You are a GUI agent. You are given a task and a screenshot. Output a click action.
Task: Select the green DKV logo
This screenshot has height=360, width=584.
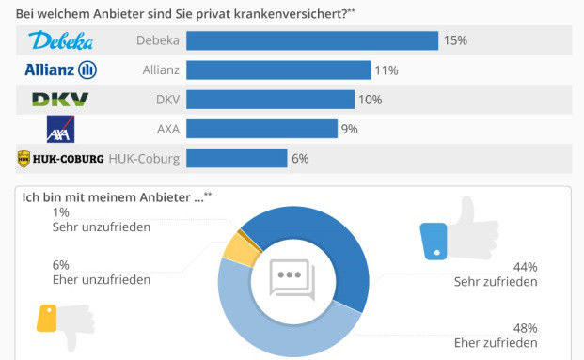click(x=61, y=100)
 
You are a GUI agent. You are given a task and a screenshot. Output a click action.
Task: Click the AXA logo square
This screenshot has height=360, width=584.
click(x=61, y=129)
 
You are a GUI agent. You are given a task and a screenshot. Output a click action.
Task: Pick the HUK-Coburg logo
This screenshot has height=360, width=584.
click(x=60, y=158)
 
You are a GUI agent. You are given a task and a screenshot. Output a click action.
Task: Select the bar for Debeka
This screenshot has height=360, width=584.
click(x=312, y=40)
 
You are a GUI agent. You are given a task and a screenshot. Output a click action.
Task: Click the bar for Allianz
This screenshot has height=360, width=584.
click(x=278, y=70)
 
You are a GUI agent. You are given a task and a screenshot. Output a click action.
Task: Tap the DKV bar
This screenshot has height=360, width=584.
click(x=270, y=100)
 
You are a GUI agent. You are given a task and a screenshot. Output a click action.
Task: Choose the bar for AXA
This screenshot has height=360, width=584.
click(x=261, y=129)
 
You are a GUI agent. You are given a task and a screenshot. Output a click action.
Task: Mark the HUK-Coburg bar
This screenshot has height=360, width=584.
click(x=236, y=158)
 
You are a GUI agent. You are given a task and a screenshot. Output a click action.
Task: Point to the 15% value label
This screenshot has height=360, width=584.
click(x=456, y=40)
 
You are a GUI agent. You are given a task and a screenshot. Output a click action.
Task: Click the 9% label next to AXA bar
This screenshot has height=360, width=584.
click(x=350, y=129)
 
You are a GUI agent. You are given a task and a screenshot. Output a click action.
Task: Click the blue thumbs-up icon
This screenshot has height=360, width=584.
click(x=446, y=231)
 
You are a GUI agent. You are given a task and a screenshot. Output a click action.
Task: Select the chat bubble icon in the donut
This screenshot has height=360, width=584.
click(x=290, y=277)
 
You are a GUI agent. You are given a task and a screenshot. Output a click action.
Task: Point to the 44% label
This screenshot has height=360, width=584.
click(x=525, y=266)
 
